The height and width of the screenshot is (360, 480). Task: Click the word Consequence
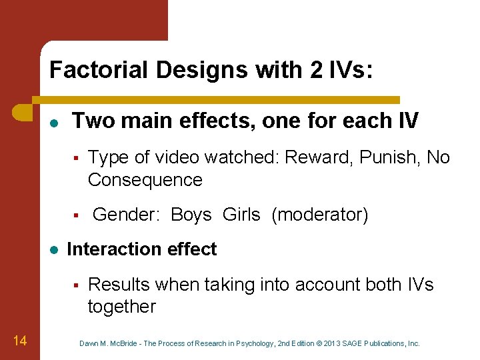click(x=145, y=180)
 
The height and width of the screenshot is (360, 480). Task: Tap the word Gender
click(x=123, y=215)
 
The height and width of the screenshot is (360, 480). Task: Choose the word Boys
click(x=191, y=215)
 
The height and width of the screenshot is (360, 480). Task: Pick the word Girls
click(x=241, y=215)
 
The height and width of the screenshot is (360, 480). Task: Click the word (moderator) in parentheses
click(x=319, y=215)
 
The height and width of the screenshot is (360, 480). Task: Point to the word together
click(x=121, y=307)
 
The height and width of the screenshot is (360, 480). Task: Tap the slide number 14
click(x=19, y=341)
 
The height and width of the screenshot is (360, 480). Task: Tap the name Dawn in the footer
click(x=90, y=343)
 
